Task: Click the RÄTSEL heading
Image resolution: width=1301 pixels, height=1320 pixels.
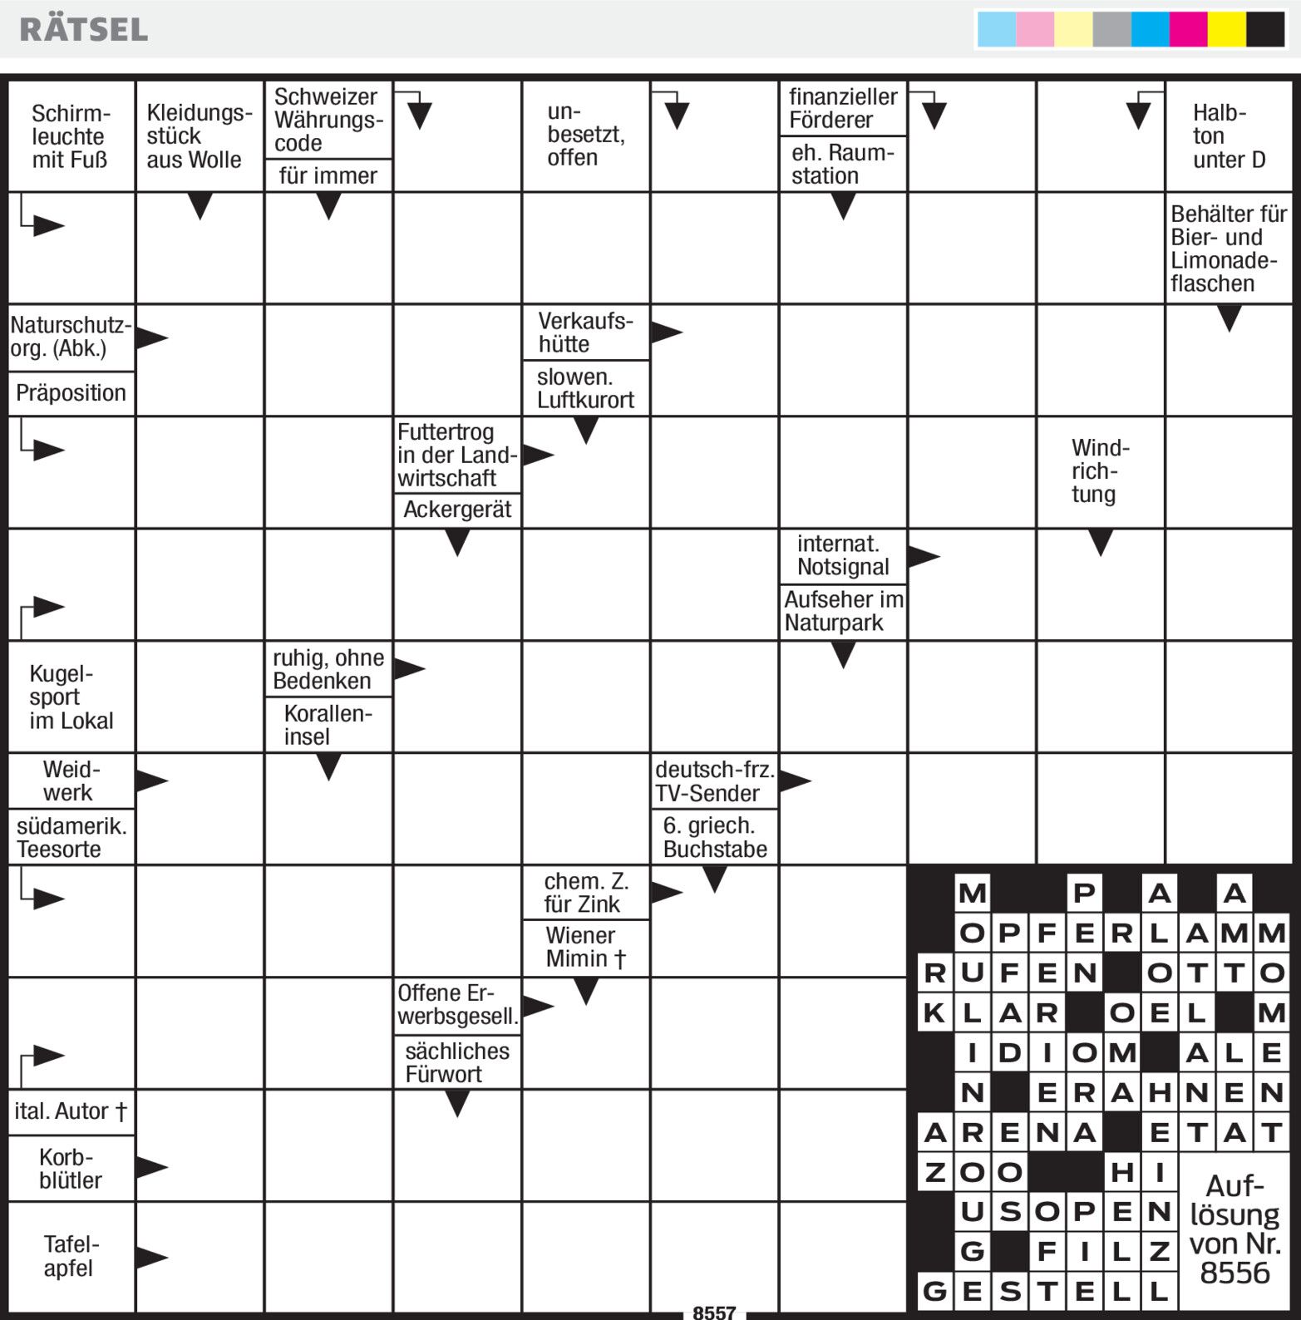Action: [x=84, y=30]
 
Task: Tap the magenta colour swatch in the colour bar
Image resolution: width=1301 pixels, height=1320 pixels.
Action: [x=1187, y=30]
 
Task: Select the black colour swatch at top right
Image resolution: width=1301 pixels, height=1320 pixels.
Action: [x=1264, y=30]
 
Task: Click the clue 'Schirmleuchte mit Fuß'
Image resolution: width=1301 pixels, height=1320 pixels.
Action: [x=70, y=136]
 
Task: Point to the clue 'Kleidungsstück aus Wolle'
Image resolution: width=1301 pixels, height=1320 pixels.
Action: [x=198, y=136]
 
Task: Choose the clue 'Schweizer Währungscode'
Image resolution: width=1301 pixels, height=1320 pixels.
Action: [x=328, y=120]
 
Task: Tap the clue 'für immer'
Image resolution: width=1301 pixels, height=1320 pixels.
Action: [x=328, y=175]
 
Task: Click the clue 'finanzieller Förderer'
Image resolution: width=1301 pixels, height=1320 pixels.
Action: [x=842, y=108]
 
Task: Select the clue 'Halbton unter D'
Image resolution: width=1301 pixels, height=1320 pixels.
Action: [x=1228, y=136]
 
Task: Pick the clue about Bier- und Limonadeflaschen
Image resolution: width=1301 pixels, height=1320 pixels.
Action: [x=1228, y=249]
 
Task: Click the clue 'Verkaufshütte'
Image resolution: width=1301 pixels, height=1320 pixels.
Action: [x=585, y=332]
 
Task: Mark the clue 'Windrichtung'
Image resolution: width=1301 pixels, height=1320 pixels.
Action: [x=1099, y=471]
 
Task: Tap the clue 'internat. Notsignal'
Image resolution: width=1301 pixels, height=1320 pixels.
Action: [x=842, y=555]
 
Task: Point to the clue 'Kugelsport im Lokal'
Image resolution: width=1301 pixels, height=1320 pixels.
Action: [x=70, y=697]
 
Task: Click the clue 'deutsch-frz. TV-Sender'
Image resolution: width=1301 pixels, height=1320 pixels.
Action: [x=714, y=781]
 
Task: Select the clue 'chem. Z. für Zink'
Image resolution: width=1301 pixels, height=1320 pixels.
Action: [x=585, y=893]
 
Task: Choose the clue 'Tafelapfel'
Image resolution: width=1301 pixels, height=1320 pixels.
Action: [x=70, y=1256]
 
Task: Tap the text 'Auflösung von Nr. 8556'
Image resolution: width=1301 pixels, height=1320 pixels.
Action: [x=1234, y=1229]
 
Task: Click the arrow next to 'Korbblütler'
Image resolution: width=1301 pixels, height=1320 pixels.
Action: [x=152, y=1167]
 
